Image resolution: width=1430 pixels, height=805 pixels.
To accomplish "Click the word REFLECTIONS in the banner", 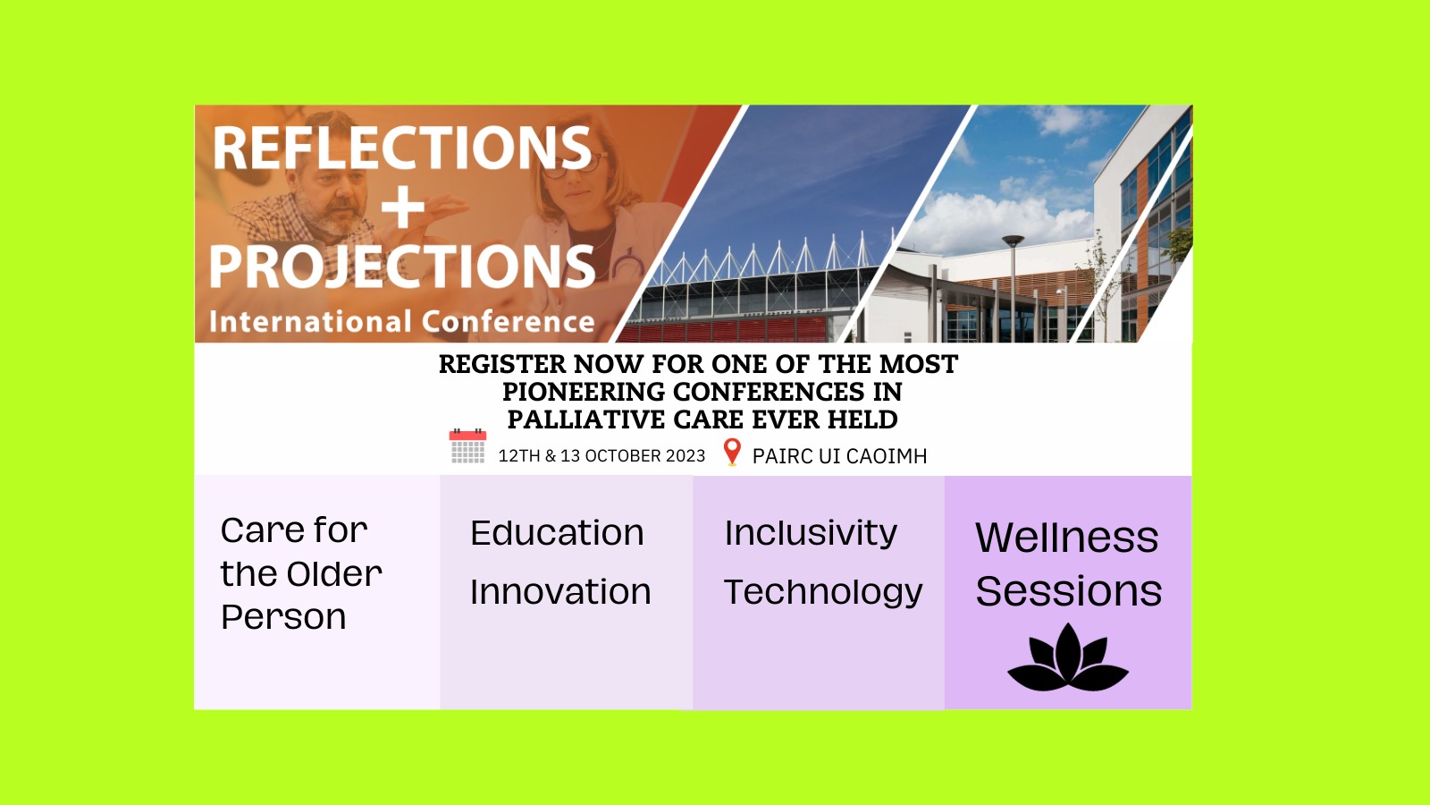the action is point(402,148).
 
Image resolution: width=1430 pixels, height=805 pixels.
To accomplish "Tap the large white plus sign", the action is point(402,207).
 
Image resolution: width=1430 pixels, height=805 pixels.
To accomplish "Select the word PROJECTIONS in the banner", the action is point(402,267).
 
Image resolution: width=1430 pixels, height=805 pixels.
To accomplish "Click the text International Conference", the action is point(402,321).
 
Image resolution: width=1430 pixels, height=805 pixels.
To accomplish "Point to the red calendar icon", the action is point(468,446).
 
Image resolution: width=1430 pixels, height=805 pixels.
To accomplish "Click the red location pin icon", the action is point(732,452).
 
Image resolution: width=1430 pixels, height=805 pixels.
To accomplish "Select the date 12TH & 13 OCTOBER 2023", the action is point(602,456).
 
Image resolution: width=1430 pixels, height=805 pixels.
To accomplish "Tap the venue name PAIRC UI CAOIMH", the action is point(839,456).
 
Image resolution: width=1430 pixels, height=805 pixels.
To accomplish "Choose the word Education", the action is point(557,533).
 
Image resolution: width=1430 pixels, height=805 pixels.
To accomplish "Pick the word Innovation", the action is point(560,591).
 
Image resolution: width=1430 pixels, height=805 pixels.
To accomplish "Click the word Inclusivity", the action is point(811,533).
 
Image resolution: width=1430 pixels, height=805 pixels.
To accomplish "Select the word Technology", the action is point(823,593).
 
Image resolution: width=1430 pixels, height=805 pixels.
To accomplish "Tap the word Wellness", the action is point(1067,538).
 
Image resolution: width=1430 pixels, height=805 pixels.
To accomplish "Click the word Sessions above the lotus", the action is point(1069,591).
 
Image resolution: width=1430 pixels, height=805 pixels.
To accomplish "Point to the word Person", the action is point(283,617).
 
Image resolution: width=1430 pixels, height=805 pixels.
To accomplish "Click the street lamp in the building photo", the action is point(1014,287).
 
